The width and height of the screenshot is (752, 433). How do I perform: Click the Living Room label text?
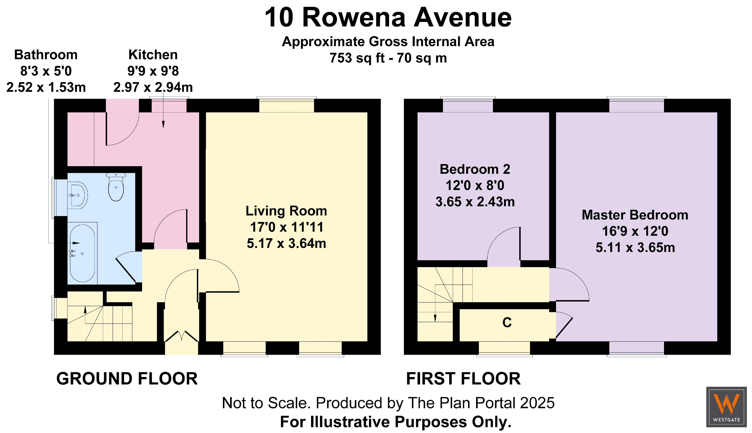click(286, 211)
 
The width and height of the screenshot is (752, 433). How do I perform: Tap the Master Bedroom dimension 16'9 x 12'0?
click(635, 231)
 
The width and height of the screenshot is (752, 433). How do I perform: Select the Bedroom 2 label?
click(475, 169)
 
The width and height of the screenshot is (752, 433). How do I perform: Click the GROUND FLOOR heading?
click(127, 379)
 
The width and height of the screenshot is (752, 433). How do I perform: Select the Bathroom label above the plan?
click(46, 55)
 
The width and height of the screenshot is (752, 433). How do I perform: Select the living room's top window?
click(286, 105)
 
